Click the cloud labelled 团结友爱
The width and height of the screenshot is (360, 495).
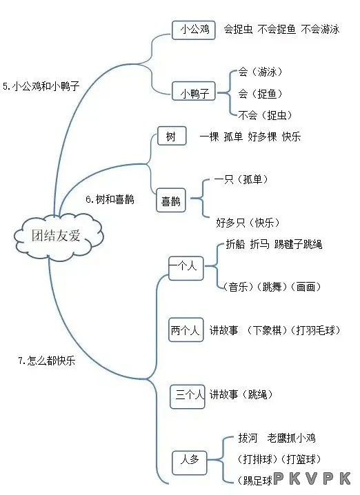(59, 236)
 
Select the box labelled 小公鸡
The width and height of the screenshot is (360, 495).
(194, 30)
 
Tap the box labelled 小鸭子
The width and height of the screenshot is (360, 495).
(194, 92)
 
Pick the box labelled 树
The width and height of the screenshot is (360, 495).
(172, 136)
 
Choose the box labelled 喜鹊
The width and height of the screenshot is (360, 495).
(171, 200)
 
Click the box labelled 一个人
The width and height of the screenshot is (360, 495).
(186, 268)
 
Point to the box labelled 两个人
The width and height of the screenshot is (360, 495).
(186, 330)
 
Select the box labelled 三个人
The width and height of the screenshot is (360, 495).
(188, 396)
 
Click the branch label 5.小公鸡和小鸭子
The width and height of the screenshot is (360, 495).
(41, 86)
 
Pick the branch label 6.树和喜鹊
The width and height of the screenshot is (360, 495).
(110, 199)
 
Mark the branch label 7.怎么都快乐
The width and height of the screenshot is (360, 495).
(47, 360)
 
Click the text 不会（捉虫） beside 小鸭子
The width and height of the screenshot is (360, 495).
(265, 115)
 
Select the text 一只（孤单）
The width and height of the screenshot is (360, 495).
(241, 179)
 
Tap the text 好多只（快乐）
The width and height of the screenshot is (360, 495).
(248, 223)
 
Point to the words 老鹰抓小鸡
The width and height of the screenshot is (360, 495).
(291, 438)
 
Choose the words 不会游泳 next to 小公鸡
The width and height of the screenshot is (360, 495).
(320, 30)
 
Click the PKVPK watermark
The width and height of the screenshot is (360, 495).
(312, 478)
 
